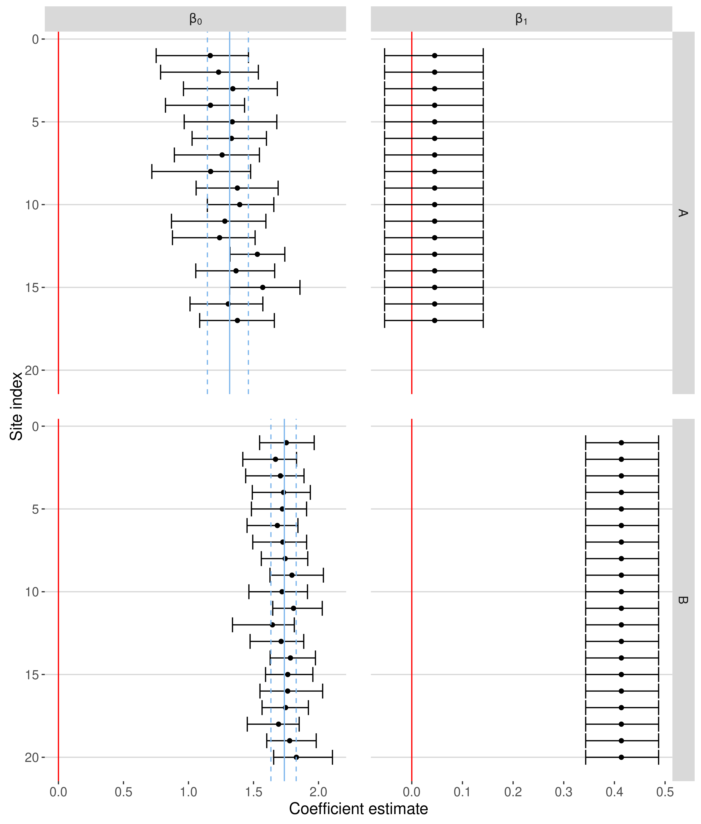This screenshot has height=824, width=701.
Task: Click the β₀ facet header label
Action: coord(195,19)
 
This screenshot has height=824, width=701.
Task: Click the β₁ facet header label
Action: coord(521,19)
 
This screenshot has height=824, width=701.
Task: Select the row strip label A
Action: coord(683,213)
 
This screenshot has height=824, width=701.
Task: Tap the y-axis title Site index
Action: coord(16,406)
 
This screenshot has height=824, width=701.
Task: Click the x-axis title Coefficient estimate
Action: coord(358,809)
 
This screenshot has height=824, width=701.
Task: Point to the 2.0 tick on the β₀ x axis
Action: coord(319,792)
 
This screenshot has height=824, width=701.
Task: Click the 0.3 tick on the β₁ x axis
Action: coord(564,792)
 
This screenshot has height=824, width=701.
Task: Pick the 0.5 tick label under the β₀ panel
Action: coord(124,792)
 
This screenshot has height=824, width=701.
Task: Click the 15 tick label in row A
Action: coord(32,288)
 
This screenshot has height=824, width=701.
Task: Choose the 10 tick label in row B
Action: coord(32,592)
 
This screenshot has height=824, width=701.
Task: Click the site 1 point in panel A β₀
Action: coord(210,55)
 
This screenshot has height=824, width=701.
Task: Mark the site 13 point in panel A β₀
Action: coord(257,254)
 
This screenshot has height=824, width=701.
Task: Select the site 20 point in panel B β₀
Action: coord(296,757)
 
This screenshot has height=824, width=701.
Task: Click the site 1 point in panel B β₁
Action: coord(622,443)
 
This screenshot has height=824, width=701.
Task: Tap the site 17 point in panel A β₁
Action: coord(435,321)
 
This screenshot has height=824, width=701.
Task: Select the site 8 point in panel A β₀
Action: coord(211,172)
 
